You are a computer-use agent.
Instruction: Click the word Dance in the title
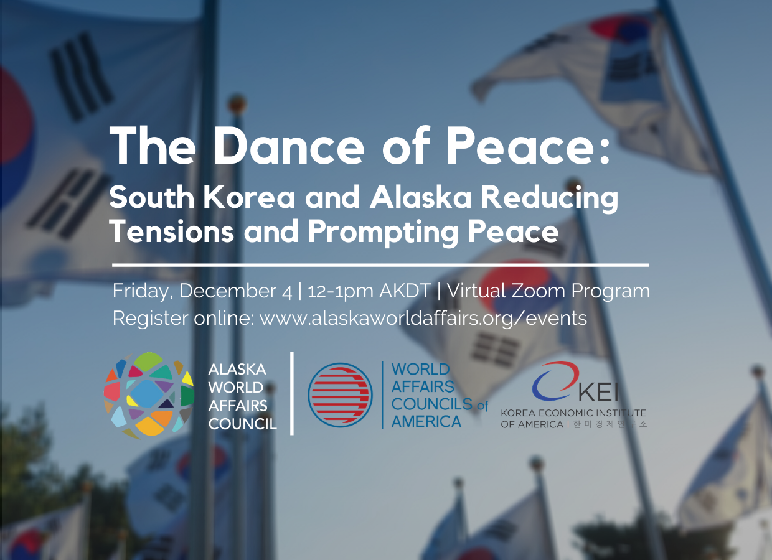tap(289, 146)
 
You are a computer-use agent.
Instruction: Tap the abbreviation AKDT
tap(405, 291)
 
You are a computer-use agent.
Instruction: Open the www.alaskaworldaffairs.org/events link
tap(423, 318)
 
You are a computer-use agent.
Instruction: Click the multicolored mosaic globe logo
tap(149, 396)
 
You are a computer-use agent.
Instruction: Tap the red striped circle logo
tap(340, 395)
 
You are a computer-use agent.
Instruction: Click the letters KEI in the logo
tap(598, 392)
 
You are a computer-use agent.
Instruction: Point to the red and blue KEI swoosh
tap(555, 381)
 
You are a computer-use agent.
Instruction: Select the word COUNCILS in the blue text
tap(432, 404)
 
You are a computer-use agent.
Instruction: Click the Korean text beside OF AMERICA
tap(610, 424)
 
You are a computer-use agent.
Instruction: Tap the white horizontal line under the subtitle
tap(380, 265)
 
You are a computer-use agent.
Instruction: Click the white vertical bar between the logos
tap(292, 394)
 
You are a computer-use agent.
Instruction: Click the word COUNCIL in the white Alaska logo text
tap(243, 424)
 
